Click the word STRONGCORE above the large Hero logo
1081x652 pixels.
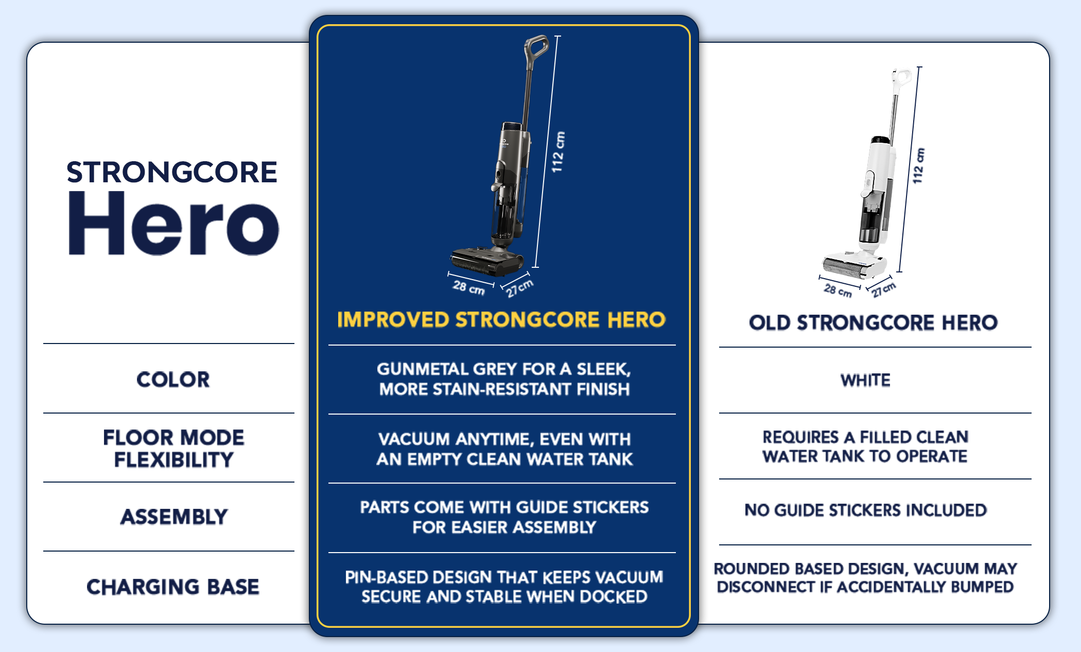click(x=172, y=172)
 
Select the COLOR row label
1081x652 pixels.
click(x=173, y=380)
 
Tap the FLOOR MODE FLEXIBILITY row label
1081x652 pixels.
click(x=173, y=448)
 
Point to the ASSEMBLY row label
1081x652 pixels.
click(x=174, y=517)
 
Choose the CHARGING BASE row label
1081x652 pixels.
click(x=173, y=587)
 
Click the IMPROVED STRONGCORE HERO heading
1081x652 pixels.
click(x=501, y=320)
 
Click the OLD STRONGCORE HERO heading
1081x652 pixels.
click(x=874, y=323)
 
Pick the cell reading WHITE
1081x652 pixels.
click(x=865, y=380)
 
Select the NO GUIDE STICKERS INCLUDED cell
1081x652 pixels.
click(x=866, y=510)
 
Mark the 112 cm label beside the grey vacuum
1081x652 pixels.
click(x=558, y=152)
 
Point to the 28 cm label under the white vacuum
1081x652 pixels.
click(x=838, y=290)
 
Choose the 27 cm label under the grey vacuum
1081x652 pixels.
click(x=520, y=288)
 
